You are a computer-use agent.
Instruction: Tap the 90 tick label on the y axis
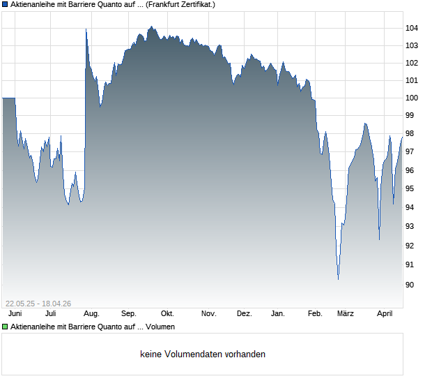point(412,285)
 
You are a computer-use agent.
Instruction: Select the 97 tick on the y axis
point(412,151)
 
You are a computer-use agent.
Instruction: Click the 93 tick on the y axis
point(412,227)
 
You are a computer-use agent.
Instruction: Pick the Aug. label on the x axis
point(91,314)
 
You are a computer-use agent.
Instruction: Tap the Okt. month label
point(167,314)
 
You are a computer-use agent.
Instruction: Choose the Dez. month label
point(244,314)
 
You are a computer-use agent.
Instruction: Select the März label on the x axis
point(346,314)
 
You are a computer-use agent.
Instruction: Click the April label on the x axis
point(385,314)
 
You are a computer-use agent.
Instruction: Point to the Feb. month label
point(315,314)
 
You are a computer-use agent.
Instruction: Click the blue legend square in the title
point(5,4)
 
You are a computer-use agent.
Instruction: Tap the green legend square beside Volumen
point(5,327)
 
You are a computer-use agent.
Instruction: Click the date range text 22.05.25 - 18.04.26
point(38,303)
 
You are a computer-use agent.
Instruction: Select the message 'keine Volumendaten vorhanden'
point(203,354)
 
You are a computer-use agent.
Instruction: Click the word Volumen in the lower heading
point(162,327)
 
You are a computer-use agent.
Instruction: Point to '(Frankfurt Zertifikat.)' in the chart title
point(180,4)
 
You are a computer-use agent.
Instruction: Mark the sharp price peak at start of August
point(86,29)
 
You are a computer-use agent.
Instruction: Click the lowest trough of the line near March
point(338,279)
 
